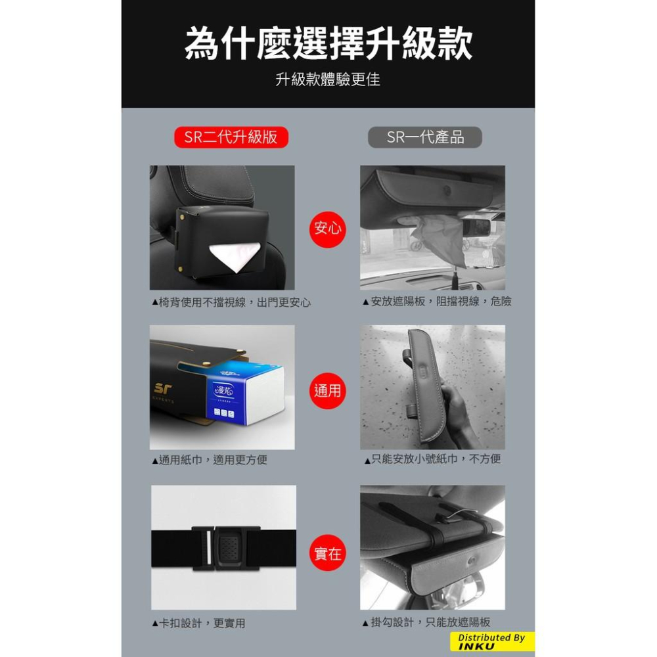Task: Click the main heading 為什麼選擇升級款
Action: point(328,44)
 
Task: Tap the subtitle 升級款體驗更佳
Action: point(328,80)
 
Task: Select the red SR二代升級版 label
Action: point(231,137)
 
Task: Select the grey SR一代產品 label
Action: point(425,137)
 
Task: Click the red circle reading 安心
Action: point(327,228)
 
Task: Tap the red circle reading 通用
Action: point(327,391)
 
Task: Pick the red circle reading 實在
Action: point(327,553)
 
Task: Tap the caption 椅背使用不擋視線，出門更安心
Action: point(231,302)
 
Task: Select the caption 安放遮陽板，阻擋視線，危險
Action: point(437,302)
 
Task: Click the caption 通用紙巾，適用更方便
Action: point(210,460)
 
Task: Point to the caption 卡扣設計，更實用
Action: point(198,623)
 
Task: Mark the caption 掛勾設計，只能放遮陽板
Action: point(426,622)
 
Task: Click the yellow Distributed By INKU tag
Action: point(492,642)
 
